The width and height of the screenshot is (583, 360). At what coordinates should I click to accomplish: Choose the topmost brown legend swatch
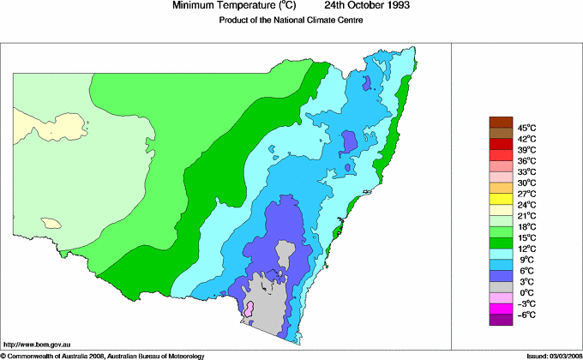(500, 121)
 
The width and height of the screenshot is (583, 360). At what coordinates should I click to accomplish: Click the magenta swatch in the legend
(500, 308)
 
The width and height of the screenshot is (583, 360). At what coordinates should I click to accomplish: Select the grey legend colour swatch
(500, 286)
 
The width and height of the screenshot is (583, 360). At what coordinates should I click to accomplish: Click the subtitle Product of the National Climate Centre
(291, 20)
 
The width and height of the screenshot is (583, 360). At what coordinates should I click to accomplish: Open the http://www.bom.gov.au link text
(38, 344)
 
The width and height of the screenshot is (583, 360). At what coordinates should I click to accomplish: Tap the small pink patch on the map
(249, 308)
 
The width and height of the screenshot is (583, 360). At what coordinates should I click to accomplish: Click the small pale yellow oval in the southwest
(52, 223)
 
